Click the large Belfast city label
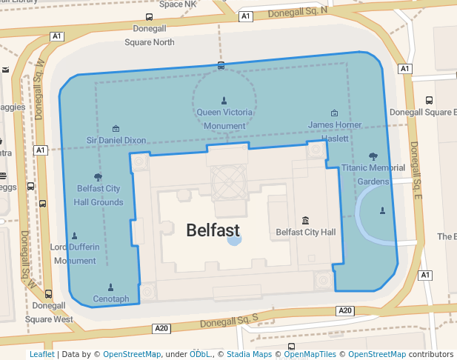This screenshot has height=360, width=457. tap(213, 230)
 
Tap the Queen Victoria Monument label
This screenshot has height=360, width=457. tap(224, 119)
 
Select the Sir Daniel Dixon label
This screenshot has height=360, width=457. tap(116, 140)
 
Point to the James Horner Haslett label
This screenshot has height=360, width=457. tap(335, 131)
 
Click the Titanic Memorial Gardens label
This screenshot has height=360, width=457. tap(373, 174)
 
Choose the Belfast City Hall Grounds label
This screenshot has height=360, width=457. tap(99, 195)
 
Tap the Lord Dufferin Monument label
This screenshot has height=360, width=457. tap(73, 253)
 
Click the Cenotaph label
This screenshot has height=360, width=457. tap(111, 299)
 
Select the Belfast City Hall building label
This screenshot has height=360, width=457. tap(306, 232)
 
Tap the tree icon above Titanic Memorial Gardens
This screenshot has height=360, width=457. tap(373, 156)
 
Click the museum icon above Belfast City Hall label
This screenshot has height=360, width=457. tap(306, 220)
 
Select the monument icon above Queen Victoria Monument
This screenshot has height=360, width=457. tap(224, 100)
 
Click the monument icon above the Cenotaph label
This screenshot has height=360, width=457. tap(111, 287)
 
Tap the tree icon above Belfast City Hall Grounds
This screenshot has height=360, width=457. tap(98, 176)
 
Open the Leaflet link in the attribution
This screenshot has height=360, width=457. tap(41, 354)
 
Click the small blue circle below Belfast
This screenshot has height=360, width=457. tap(234, 239)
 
